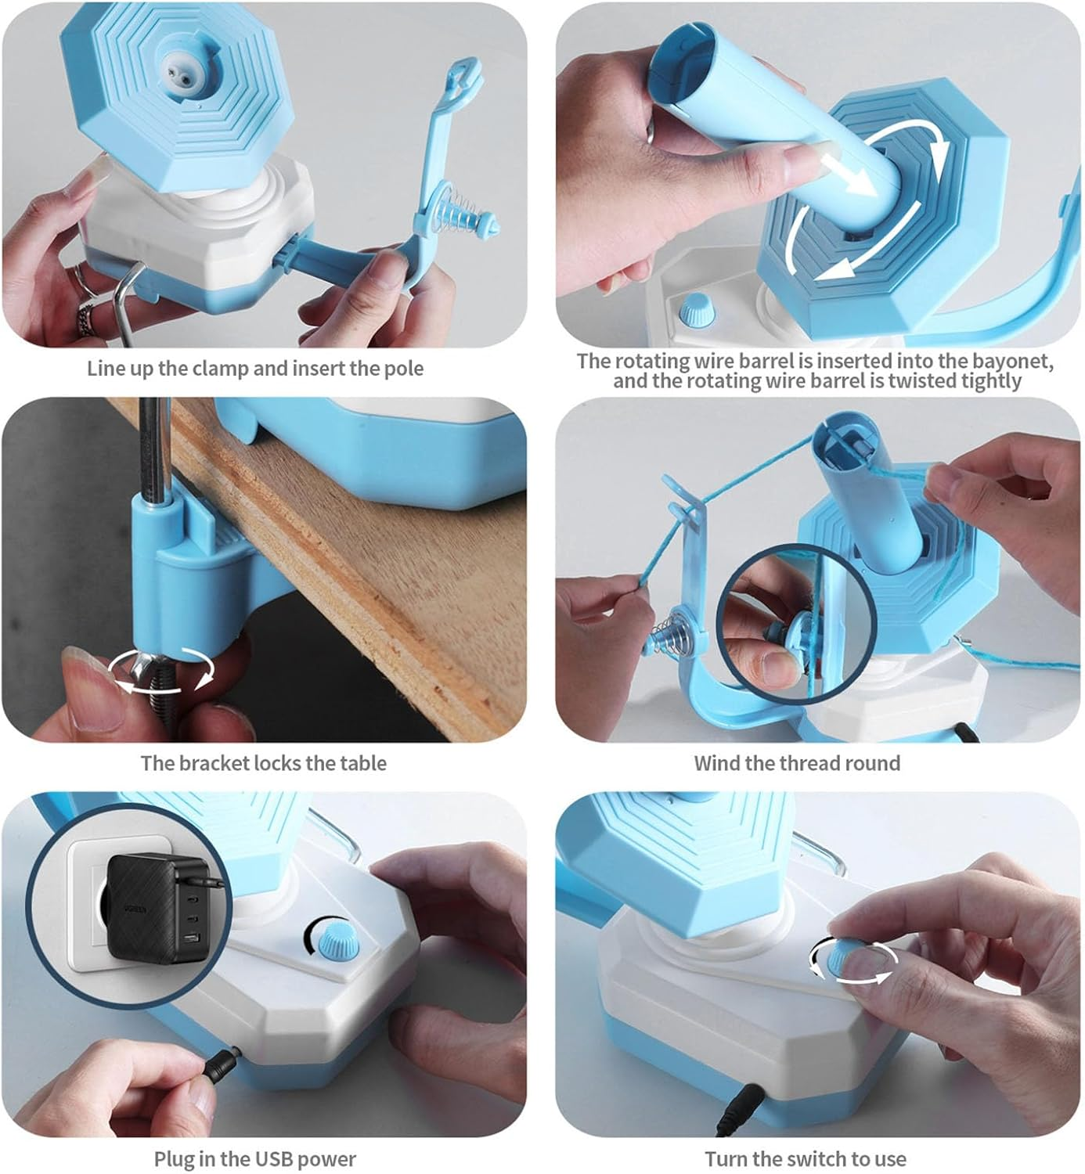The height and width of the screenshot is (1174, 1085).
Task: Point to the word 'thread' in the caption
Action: coord(792,763)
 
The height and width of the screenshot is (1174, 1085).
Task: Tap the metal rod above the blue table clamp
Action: coord(153,446)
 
